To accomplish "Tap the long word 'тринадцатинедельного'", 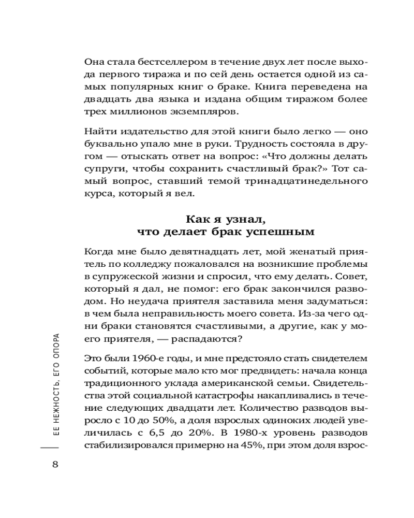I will (x=309, y=182).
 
